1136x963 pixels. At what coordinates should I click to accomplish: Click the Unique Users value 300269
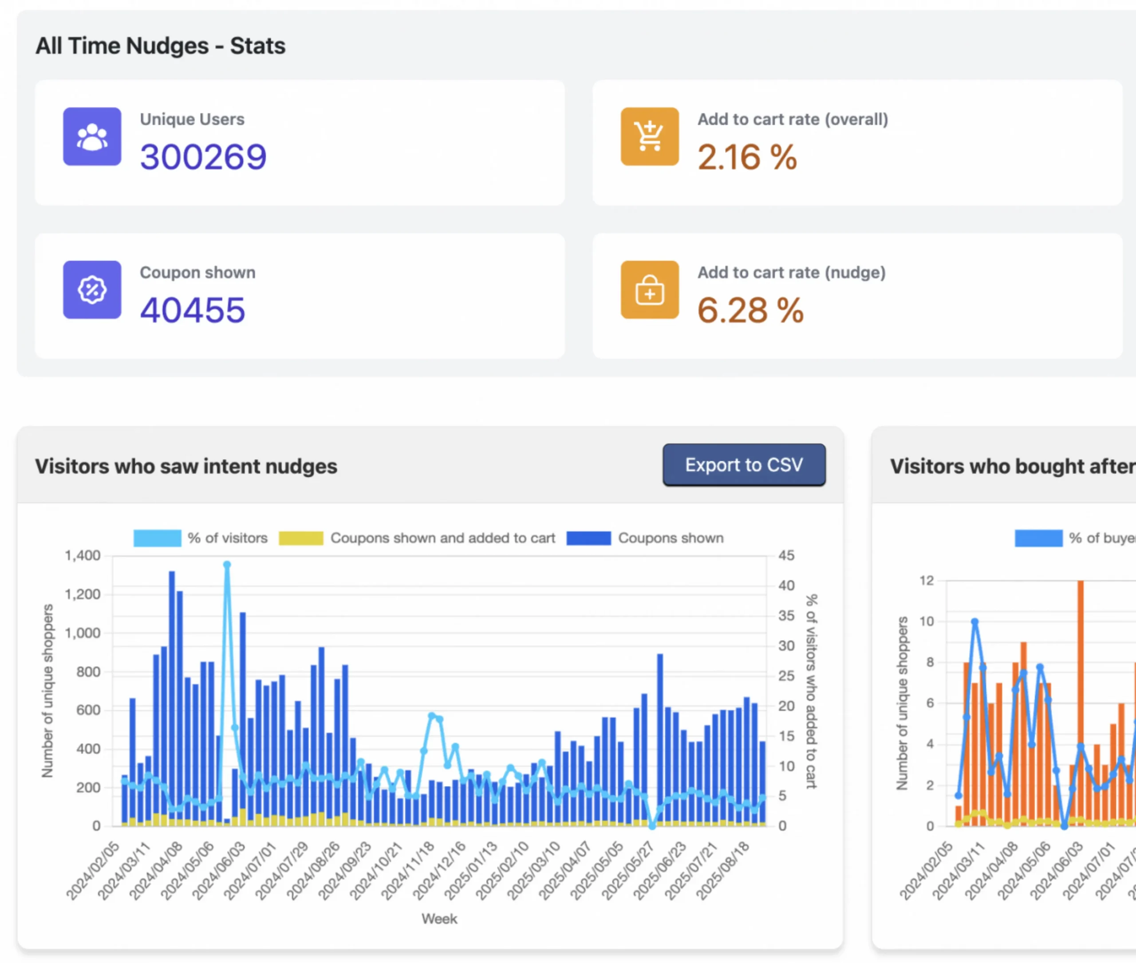pyautogui.click(x=203, y=157)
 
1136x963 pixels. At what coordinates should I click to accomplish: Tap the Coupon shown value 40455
pyautogui.click(x=192, y=310)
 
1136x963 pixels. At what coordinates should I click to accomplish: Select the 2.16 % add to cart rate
pyautogui.click(x=746, y=157)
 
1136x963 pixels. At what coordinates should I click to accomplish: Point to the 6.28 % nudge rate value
pyautogui.click(x=750, y=310)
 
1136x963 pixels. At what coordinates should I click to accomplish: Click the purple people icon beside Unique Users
pyautogui.click(x=92, y=137)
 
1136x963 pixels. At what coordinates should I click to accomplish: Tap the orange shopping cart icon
pyautogui.click(x=649, y=137)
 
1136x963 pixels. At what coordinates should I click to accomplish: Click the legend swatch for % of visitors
pyautogui.click(x=157, y=538)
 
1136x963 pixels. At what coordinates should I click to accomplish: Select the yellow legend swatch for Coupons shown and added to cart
pyautogui.click(x=301, y=538)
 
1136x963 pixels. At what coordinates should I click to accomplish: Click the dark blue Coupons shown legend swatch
pyautogui.click(x=588, y=538)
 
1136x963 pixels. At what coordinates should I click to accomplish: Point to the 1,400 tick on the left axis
pyautogui.click(x=83, y=556)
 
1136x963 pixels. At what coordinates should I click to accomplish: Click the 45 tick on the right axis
pyautogui.click(x=786, y=556)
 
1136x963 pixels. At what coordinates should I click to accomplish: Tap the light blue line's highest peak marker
pyautogui.click(x=227, y=565)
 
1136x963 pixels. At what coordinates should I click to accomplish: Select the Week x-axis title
pyautogui.click(x=439, y=919)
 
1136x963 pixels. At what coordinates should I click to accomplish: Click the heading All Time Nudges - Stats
pyautogui.click(x=160, y=46)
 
